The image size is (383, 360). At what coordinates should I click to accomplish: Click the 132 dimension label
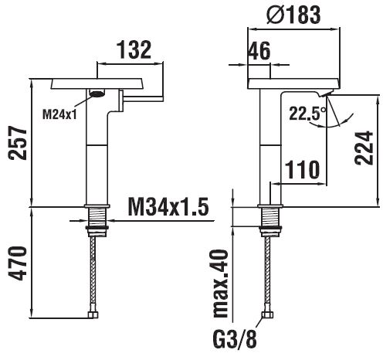point(134,49)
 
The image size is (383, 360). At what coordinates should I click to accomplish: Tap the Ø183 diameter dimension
point(293,15)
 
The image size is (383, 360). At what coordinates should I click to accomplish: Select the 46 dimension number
point(259,51)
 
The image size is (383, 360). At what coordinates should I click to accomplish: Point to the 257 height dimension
point(18,143)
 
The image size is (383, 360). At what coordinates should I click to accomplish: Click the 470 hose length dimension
point(18,263)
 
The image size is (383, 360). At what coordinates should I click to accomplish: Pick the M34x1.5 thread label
point(168,207)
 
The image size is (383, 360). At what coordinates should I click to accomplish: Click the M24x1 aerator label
point(59,114)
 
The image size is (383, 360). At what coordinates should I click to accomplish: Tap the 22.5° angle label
point(307,114)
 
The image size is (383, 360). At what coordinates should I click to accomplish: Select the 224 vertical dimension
point(364,148)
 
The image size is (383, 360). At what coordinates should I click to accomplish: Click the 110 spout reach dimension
point(302,169)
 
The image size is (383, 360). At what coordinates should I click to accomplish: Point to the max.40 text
point(221,284)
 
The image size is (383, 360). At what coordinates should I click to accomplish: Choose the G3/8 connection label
point(235,338)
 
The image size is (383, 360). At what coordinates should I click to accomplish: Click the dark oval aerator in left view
point(97,93)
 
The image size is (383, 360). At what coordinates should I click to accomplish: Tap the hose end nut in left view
point(93,315)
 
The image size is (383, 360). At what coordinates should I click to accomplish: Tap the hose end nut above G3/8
point(267,315)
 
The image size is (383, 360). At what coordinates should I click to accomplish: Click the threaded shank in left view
point(97,217)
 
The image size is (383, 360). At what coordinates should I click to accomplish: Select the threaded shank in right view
point(270,217)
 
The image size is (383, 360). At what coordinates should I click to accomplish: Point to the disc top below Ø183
point(293,83)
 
